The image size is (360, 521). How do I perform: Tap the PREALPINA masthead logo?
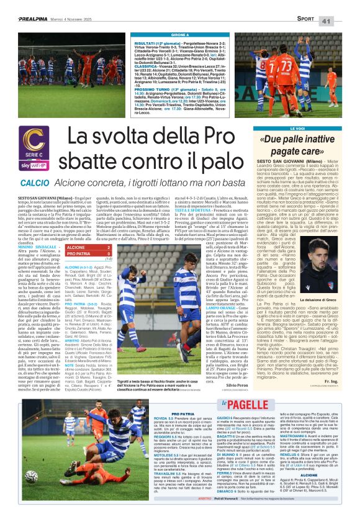pos(32,19)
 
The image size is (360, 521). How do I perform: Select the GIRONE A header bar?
pos(179,35)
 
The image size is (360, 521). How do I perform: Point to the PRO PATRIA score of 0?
pos(109,253)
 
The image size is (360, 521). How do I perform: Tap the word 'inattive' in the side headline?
pos(317,140)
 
